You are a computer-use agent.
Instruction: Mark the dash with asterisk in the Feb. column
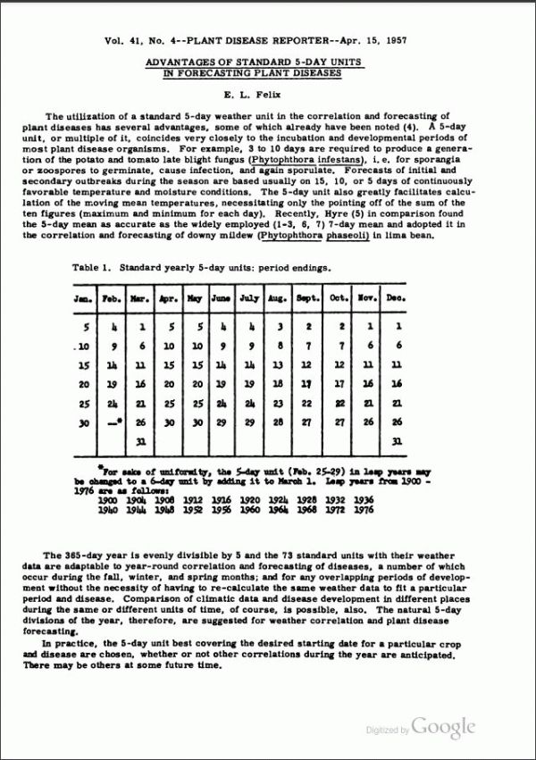(111, 421)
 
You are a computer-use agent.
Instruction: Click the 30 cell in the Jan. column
(83, 421)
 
